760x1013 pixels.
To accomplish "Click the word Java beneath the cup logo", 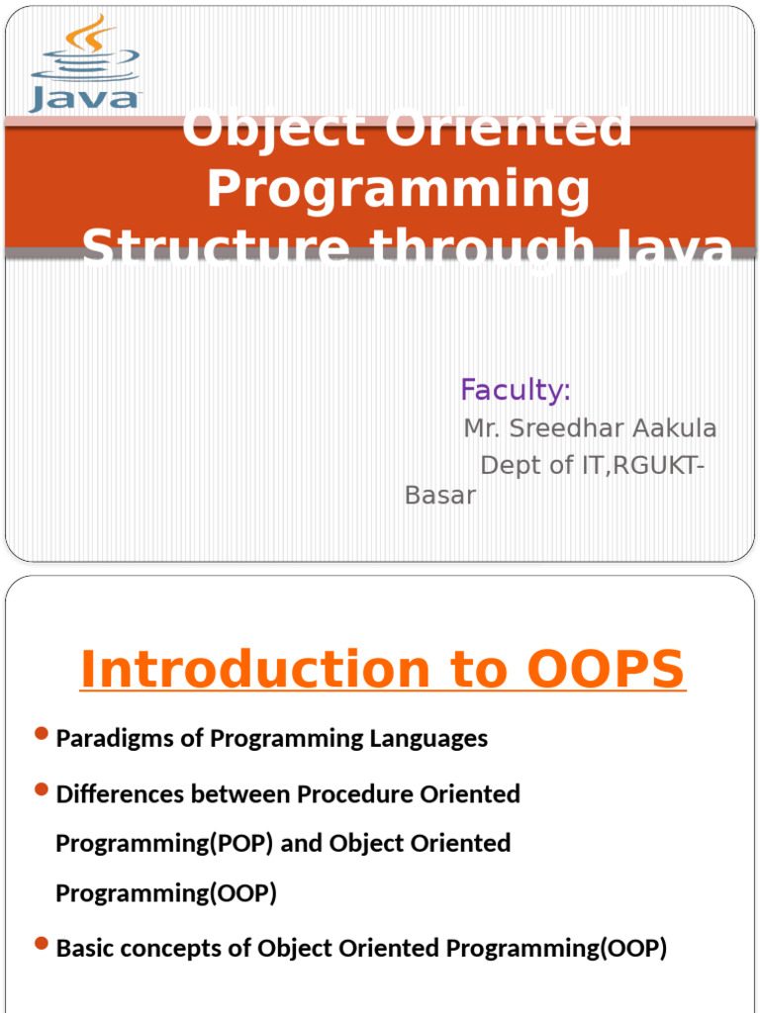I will tap(86, 98).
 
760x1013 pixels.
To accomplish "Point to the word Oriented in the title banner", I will tap(511, 129).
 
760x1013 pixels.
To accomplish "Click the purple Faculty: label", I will tap(515, 391).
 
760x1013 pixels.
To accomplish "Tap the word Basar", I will tap(440, 495).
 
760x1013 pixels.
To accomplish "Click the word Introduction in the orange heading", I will tap(253, 670).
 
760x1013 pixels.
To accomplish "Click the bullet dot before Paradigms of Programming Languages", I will tap(41, 733).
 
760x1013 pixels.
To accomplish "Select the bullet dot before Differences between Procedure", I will tap(41, 789).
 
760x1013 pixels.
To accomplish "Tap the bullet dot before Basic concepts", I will tap(41, 944).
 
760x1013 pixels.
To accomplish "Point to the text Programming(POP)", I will tap(164, 844).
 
